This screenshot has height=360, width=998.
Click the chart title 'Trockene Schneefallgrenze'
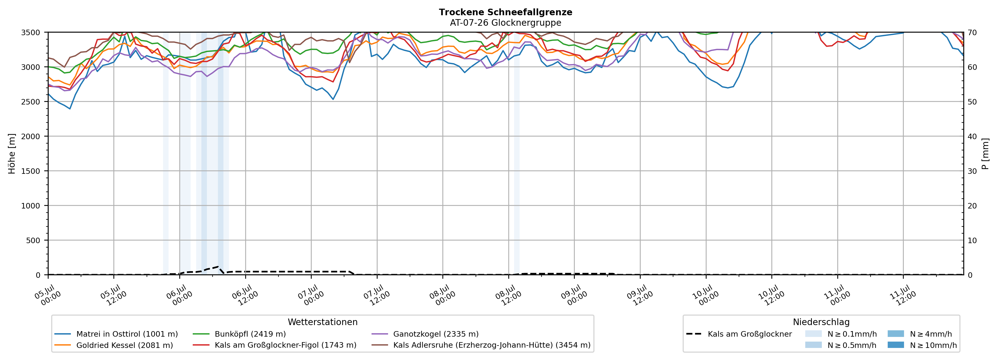pos(505,12)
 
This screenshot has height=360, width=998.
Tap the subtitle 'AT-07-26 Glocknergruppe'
pos(505,23)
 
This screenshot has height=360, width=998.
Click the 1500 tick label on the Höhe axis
pos(31,171)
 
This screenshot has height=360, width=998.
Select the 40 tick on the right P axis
pos(972,136)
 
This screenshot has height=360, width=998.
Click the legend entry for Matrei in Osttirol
pos(116,334)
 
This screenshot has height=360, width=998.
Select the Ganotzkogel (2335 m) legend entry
pos(425,334)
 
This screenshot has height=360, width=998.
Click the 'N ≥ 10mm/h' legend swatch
pos(896,345)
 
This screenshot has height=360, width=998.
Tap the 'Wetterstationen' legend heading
pos(323,322)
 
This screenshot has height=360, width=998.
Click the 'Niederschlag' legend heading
pos(821,322)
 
